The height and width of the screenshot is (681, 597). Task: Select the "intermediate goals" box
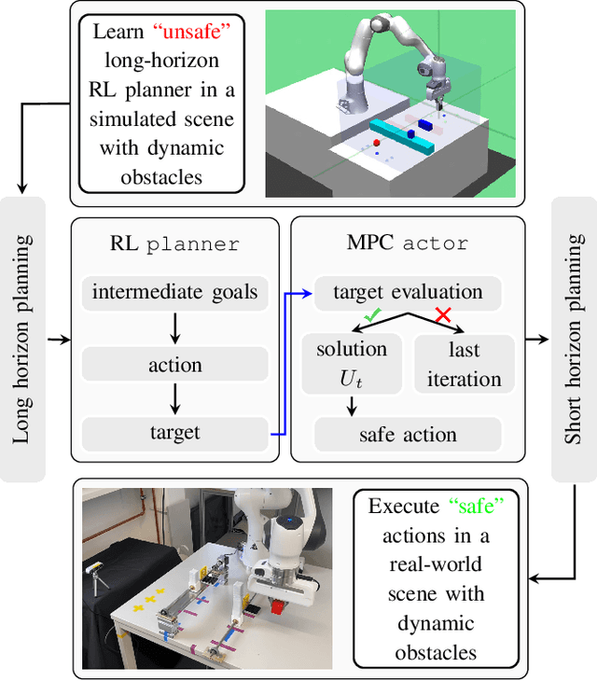pyautogui.click(x=174, y=293)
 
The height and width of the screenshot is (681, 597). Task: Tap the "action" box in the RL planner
pyautogui.click(x=174, y=364)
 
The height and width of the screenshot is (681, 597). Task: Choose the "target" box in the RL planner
pyautogui.click(x=174, y=433)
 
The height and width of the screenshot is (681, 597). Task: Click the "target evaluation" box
pyautogui.click(x=408, y=293)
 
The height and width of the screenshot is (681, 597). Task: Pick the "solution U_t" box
pyautogui.click(x=352, y=363)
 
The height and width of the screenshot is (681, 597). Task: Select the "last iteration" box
pyautogui.click(x=464, y=363)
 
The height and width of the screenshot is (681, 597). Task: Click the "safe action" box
pyautogui.click(x=408, y=434)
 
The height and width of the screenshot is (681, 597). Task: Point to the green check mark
pyautogui.click(x=372, y=316)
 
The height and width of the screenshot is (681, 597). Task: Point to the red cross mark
pyautogui.click(x=443, y=316)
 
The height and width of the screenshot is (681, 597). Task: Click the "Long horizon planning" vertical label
pyautogui.click(x=22, y=339)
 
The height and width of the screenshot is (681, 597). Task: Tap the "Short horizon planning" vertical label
pyautogui.click(x=574, y=339)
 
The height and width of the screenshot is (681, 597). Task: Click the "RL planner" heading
pyautogui.click(x=174, y=243)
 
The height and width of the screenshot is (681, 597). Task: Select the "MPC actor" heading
pyautogui.click(x=408, y=243)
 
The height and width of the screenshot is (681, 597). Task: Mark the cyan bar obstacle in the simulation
pyautogui.click(x=402, y=136)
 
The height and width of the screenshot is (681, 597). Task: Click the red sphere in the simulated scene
pyautogui.click(x=376, y=144)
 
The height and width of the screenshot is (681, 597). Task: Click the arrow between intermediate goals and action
pyautogui.click(x=174, y=327)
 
